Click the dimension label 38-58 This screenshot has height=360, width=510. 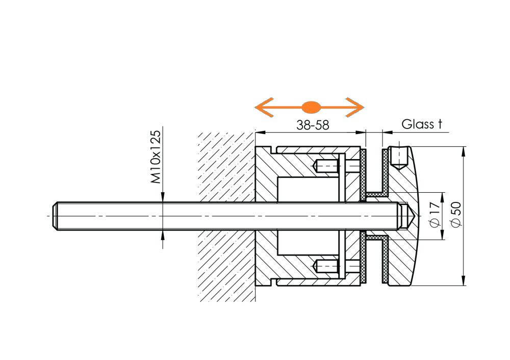(x=313, y=125)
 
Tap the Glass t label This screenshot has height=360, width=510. (x=422, y=124)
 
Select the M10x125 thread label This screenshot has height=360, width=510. (x=156, y=157)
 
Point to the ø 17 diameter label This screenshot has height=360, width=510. (x=435, y=214)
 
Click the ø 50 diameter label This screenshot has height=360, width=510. (x=456, y=214)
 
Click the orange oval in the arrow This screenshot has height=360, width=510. (x=312, y=107)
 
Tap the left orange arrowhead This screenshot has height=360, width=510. (x=264, y=107)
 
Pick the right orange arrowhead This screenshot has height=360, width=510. (x=354, y=107)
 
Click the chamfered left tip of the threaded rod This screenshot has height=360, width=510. (x=55, y=216)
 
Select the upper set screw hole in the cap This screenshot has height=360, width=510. (x=399, y=158)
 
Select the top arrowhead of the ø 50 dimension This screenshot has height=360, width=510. (x=463, y=151)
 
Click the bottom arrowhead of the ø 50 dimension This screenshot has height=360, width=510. (x=463, y=280)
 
